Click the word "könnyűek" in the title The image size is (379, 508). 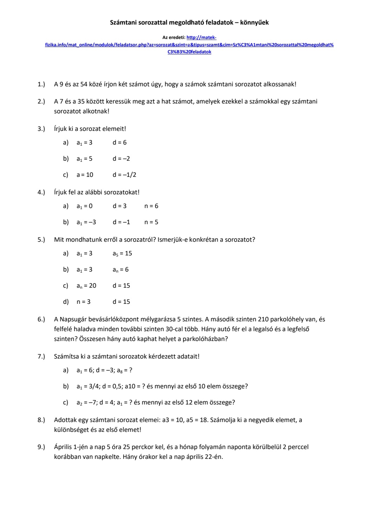[x=254, y=22]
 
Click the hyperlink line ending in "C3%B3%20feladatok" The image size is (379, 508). [x=189, y=52]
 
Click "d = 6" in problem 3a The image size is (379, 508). [x=120, y=142]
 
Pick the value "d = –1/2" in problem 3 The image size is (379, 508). [x=124, y=175]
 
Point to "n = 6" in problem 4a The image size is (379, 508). [x=151, y=206]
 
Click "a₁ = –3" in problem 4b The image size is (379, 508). [x=86, y=222]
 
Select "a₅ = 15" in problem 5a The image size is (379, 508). [x=122, y=253]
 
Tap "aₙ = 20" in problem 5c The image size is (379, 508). [x=86, y=286]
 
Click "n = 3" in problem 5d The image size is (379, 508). [x=84, y=302]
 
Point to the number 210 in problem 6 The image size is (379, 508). [x=263, y=319]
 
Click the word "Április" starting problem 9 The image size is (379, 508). [x=64, y=447]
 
